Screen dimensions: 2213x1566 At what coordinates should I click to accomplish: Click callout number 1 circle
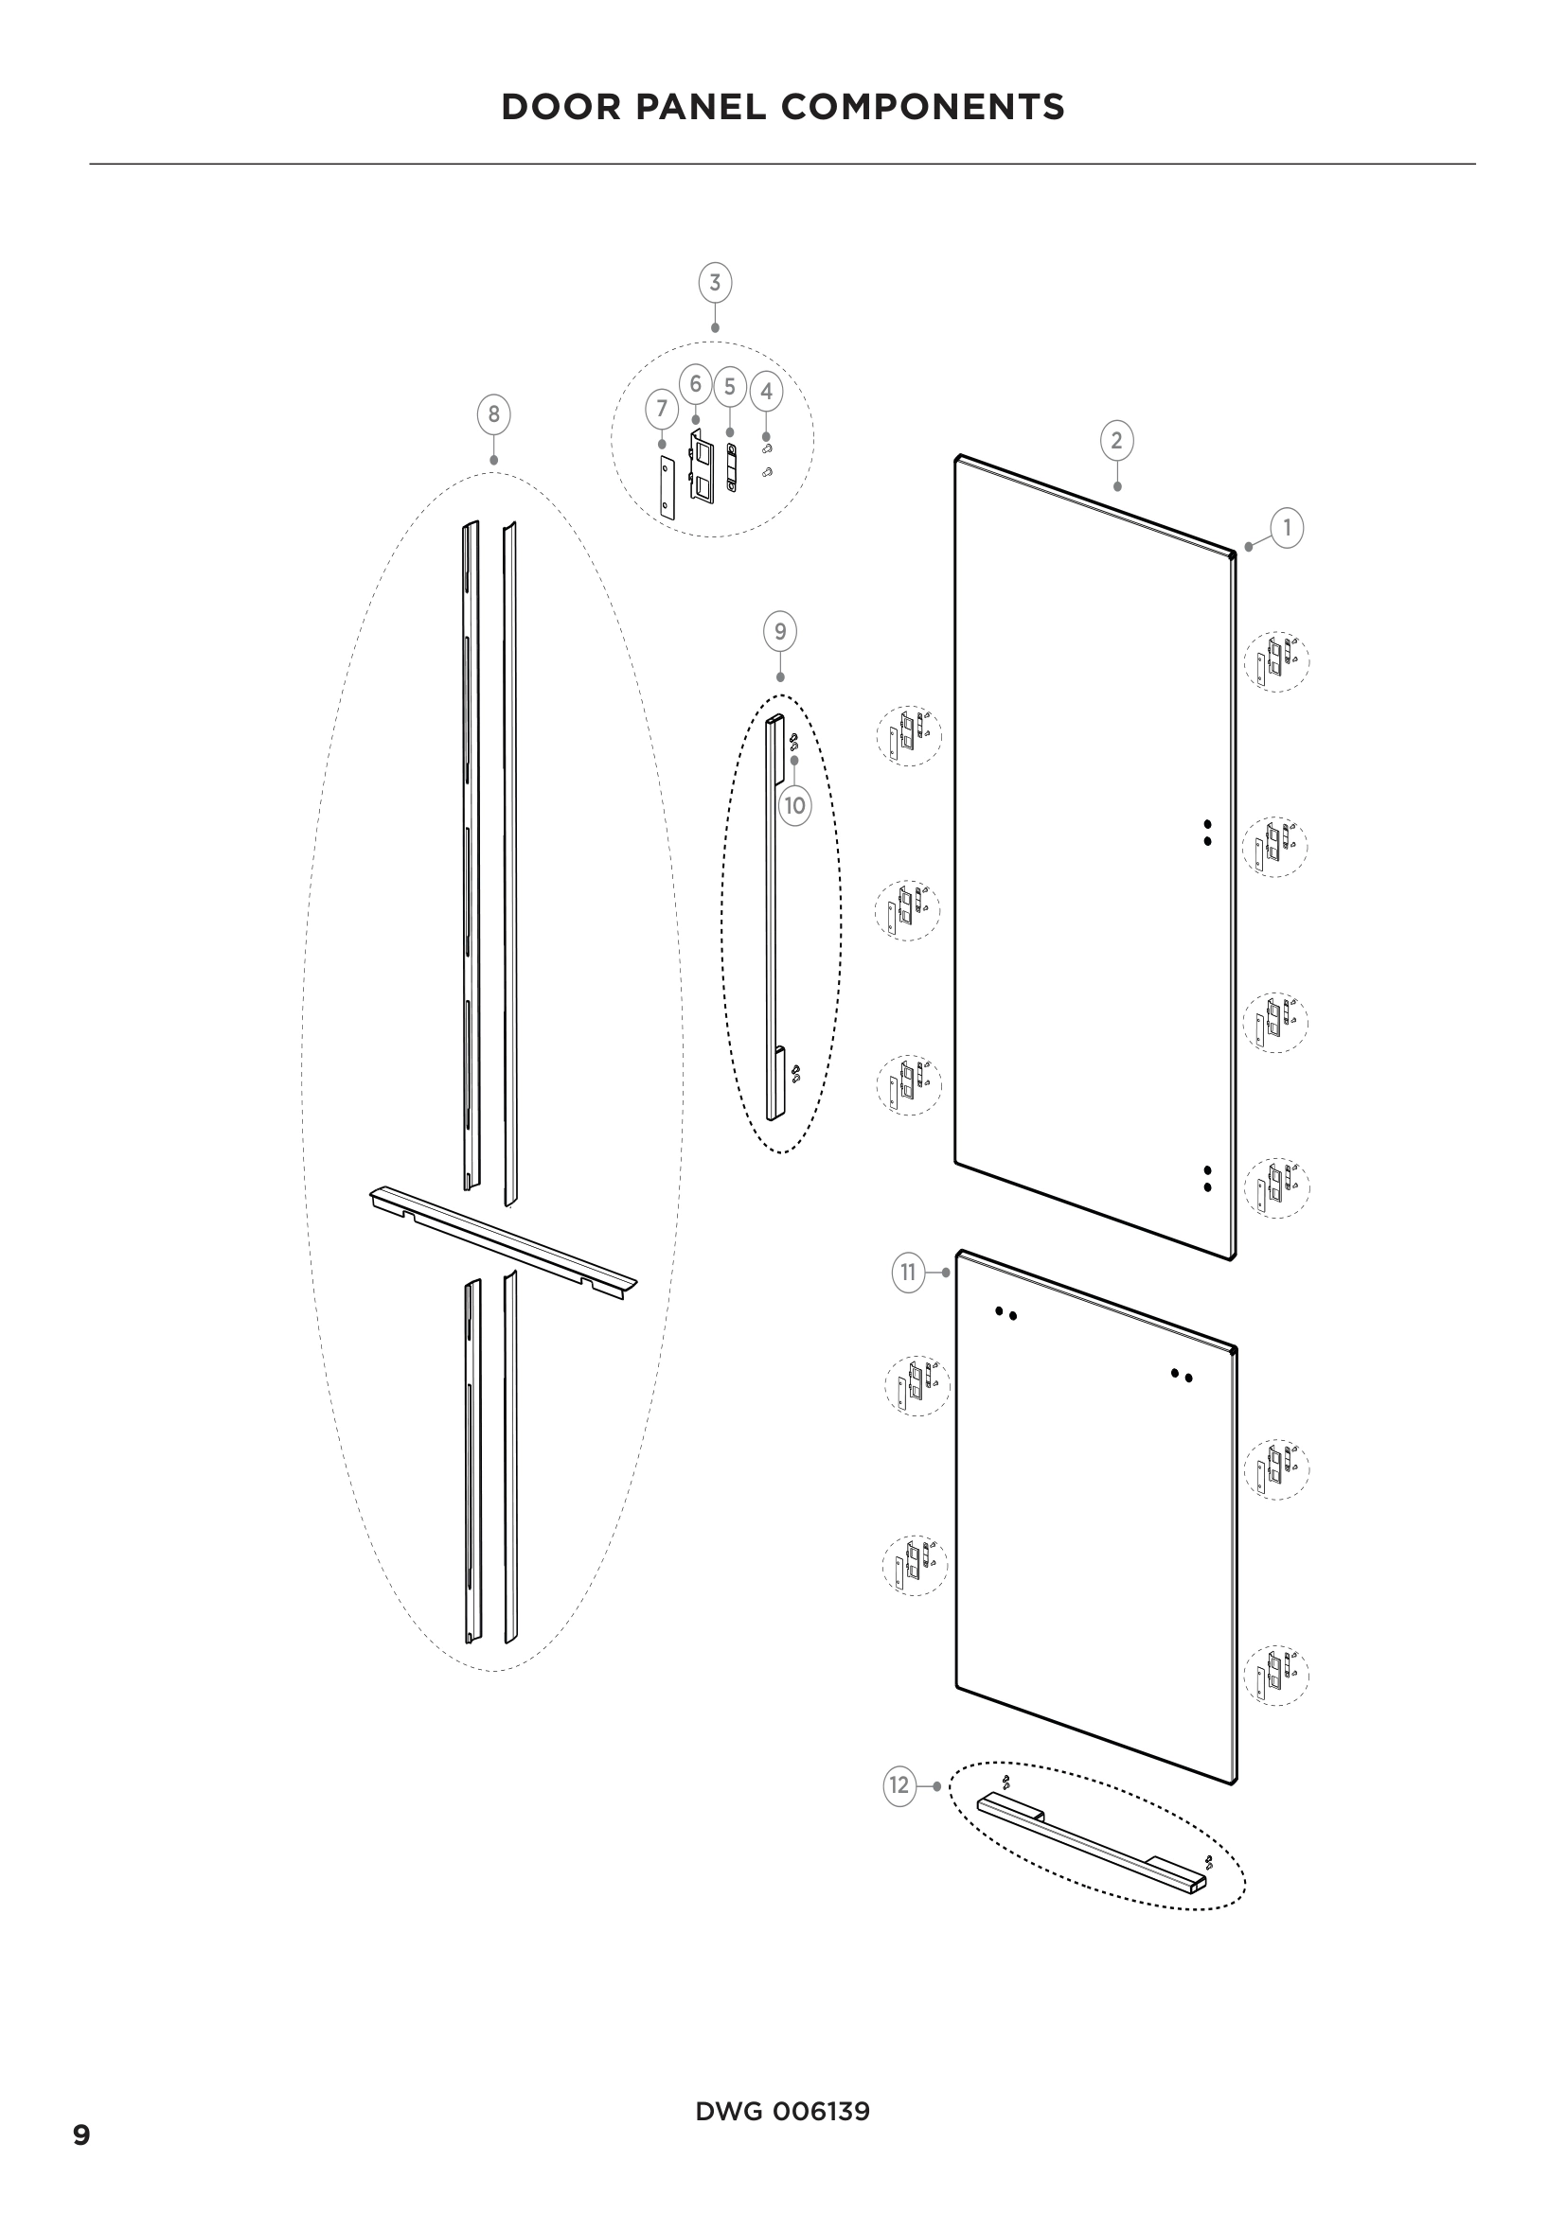1287,528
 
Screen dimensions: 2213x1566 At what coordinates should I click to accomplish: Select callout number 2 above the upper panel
1116,442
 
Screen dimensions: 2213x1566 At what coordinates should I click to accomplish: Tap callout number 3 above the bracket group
715,284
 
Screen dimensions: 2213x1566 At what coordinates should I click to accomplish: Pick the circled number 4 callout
766,392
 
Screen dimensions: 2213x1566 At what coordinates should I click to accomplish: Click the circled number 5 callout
730,387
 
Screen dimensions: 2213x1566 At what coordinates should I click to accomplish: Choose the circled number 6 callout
694,383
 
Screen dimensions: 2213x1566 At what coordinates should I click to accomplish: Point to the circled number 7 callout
662,409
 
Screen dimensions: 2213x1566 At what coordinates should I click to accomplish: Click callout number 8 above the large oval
493,414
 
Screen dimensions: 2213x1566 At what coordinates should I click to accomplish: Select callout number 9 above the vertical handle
780,632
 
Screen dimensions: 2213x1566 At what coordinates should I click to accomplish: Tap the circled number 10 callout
794,805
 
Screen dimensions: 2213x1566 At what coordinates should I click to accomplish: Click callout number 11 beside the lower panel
907,1273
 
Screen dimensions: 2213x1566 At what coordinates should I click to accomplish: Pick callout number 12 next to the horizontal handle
899,1786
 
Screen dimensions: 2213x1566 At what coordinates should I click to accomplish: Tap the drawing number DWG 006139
782,2112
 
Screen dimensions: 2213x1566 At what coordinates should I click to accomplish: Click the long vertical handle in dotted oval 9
771,916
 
